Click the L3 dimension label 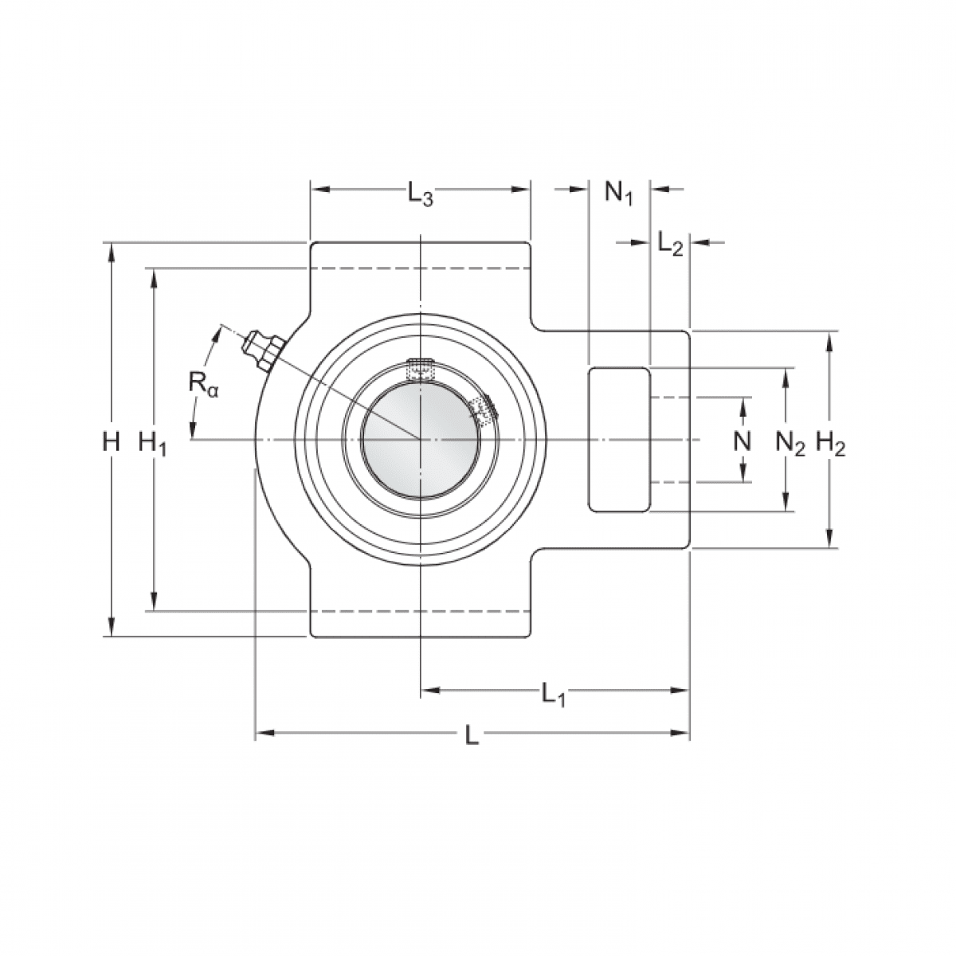[420, 194]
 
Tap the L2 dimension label [670, 245]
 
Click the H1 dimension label [152, 442]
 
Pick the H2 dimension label [830, 443]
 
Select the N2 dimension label [789, 443]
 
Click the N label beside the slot [742, 441]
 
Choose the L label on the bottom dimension [472, 735]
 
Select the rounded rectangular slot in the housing [619, 439]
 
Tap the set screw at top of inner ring [420, 370]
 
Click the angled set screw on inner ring [483, 408]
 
